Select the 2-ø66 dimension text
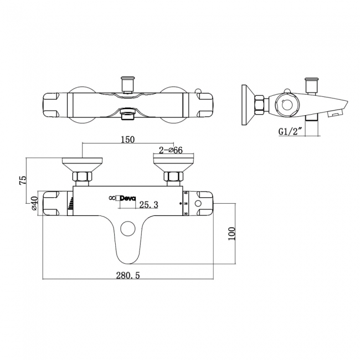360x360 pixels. point(171,151)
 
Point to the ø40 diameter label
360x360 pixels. point(34,203)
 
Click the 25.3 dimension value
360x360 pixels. point(149,205)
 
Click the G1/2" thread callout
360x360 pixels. point(289,132)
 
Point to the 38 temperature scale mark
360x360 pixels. point(186,203)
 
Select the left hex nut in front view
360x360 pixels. point(82,178)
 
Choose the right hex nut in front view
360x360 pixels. point(173,178)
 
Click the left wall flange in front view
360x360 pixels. point(81,164)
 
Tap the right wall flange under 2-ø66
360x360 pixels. point(173,164)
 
